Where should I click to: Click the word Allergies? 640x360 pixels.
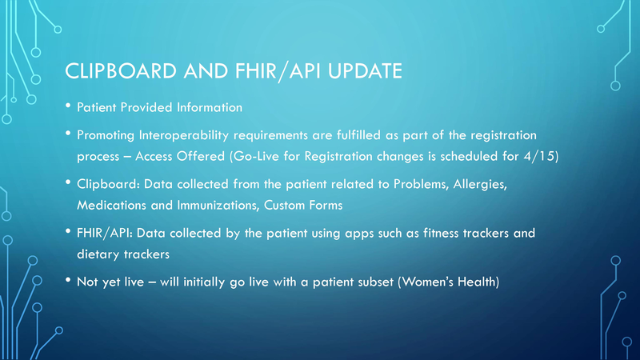[x=479, y=186]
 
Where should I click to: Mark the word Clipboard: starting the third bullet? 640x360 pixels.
[x=108, y=186]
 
